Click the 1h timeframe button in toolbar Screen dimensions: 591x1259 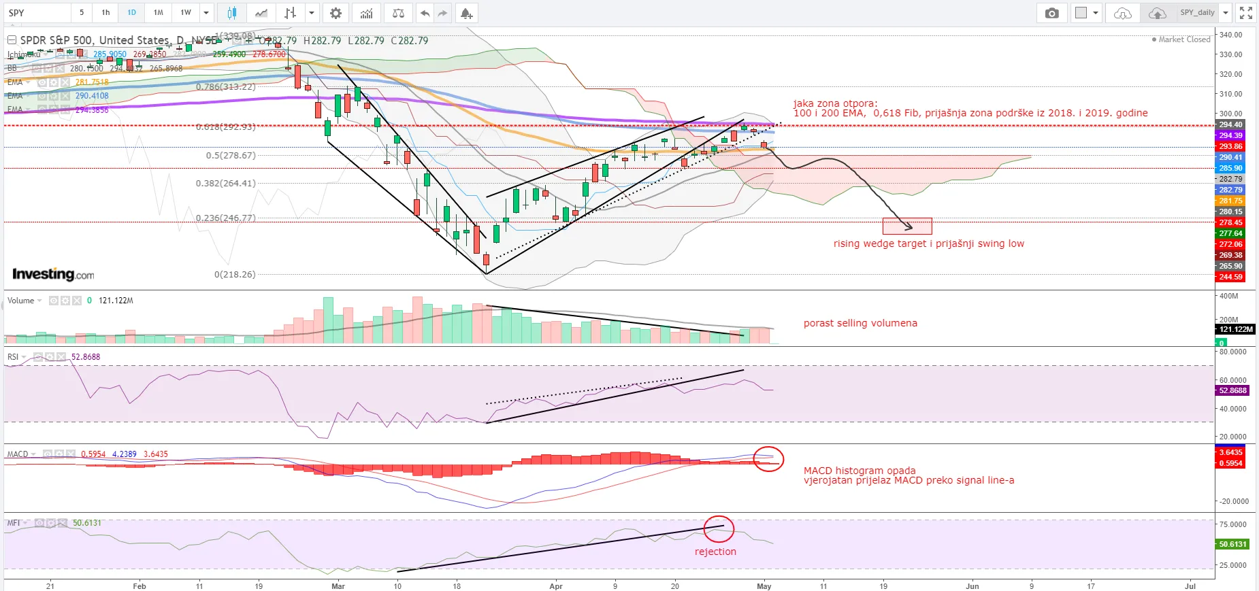[x=105, y=12]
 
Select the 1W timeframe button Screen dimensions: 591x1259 [x=186, y=12]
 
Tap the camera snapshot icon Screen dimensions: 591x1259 [x=1051, y=13]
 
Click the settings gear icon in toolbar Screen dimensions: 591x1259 [x=336, y=13]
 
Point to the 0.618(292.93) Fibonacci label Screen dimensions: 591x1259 [x=226, y=127]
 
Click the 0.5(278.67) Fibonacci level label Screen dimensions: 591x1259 [x=231, y=155]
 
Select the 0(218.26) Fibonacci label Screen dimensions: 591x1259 [x=235, y=274]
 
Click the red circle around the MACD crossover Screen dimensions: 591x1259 [x=768, y=460]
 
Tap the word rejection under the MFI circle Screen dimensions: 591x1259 [x=715, y=552]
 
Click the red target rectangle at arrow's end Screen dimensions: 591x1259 [x=907, y=226]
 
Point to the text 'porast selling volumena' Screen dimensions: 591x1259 [x=860, y=323]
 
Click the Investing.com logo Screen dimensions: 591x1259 [x=53, y=274]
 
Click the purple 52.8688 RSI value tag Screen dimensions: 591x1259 [x=1232, y=390]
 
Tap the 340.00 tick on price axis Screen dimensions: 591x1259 [x=1230, y=35]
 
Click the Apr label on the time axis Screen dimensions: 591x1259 [x=556, y=586]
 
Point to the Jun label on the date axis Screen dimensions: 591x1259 [x=972, y=586]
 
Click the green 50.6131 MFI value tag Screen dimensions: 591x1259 [x=1232, y=544]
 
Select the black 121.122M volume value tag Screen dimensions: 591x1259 [x=1235, y=329]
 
